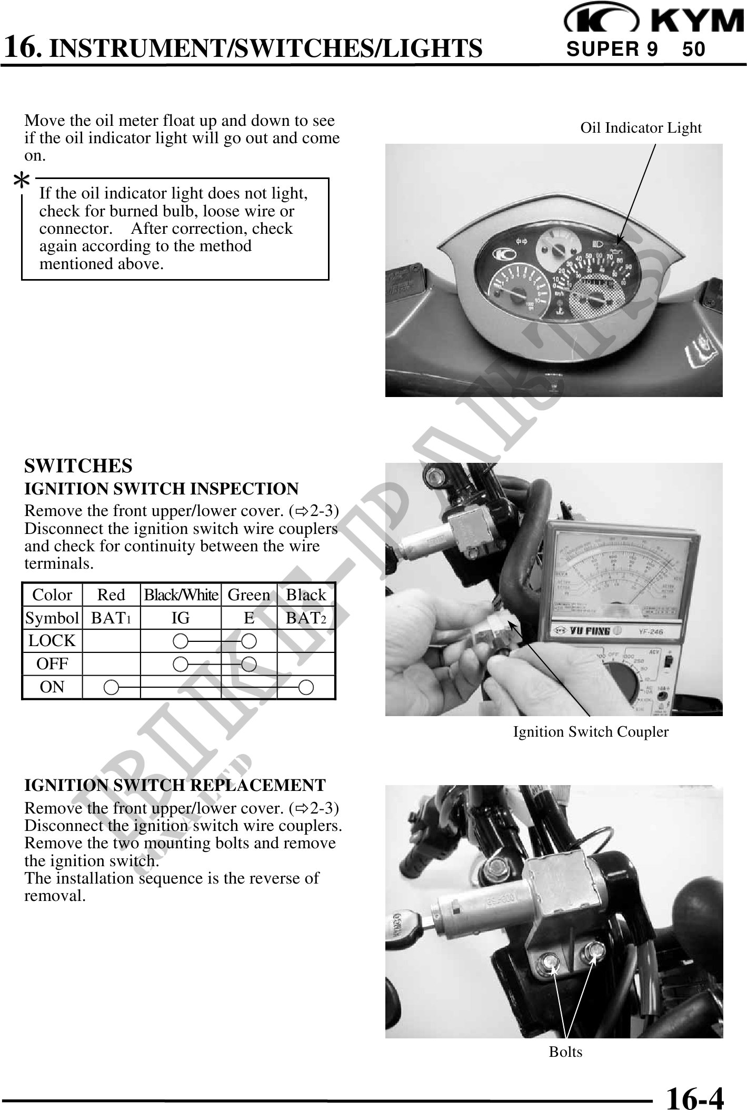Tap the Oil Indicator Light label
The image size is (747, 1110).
pyautogui.click(x=640, y=128)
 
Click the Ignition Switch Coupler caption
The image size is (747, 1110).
pyautogui.click(x=590, y=732)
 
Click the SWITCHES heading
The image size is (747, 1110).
pyautogui.click(x=78, y=466)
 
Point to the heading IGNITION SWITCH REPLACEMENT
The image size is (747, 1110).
pyautogui.click(x=175, y=785)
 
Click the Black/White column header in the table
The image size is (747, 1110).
pyautogui.click(x=181, y=595)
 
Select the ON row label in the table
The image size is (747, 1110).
pyautogui.click(x=52, y=687)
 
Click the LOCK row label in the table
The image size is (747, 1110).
pyautogui.click(x=52, y=641)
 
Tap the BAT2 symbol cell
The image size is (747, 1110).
pyautogui.click(x=306, y=618)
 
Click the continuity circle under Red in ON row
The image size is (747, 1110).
pyautogui.click(x=111, y=687)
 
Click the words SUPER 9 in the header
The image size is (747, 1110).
pyautogui.click(x=611, y=49)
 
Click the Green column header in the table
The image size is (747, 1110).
pyautogui.click(x=248, y=595)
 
